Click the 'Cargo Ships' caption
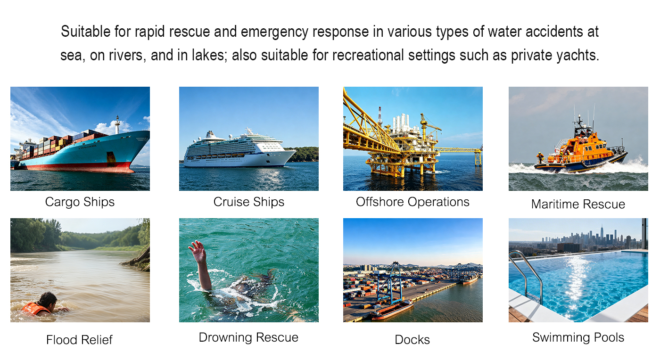[x=80, y=202]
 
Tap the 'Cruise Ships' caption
[x=249, y=202]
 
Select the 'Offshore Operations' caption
[x=412, y=202]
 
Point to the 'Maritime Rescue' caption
[x=578, y=204]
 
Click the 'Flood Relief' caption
[x=79, y=340]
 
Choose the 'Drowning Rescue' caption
[x=248, y=337]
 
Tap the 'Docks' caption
[x=412, y=340]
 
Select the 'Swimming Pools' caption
[x=578, y=337]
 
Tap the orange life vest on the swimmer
[x=35, y=309]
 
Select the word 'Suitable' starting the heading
[x=85, y=32]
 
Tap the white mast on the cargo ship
[x=117, y=124]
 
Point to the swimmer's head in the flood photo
[x=48, y=299]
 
